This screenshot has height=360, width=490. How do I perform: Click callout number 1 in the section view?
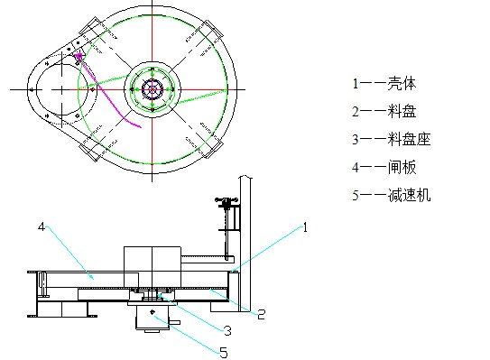tap(304, 228)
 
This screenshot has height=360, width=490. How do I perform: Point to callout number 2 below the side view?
tap(260, 314)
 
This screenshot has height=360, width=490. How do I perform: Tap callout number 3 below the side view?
tap(228, 330)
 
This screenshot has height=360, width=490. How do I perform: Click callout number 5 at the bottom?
tap(223, 353)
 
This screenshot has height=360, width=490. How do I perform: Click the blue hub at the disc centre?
tap(153, 89)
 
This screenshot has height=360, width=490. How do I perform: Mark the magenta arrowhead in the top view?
tap(79, 57)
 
